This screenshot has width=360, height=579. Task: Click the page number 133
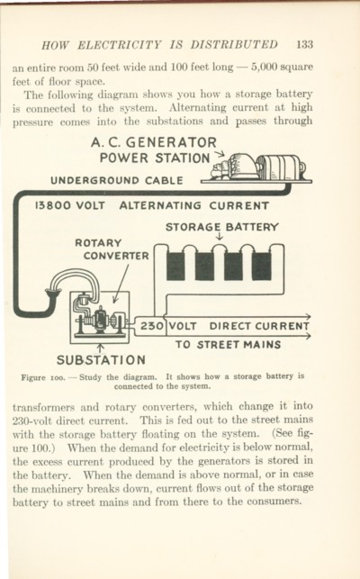(x=304, y=45)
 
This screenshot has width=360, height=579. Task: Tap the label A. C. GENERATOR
(x=154, y=142)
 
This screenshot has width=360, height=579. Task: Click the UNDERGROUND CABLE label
(x=117, y=181)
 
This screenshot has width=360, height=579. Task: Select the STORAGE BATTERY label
(x=222, y=227)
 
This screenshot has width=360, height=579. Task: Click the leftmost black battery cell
(x=175, y=266)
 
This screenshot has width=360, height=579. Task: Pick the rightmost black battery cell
(x=261, y=266)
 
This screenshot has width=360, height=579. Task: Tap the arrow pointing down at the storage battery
(x=220, y=236)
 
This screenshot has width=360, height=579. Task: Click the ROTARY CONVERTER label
(x=112, y=249)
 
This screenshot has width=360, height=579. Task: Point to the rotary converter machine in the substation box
(x=100, y=320)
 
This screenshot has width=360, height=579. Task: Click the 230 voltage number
(x=151, y=326)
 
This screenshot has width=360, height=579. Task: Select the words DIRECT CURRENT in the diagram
(x=259, y=326)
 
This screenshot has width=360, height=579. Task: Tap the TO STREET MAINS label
(x=229, y=345)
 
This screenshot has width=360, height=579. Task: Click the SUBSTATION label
(x=101, y=359)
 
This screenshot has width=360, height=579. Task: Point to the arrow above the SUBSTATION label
(x=100, y=348)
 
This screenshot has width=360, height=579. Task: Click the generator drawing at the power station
(x=258, y=168)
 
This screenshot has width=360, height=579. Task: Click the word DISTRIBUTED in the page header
(x=234, y=45)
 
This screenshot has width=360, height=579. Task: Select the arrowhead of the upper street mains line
(x=308, y=316)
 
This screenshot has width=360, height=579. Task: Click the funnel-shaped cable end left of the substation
(x=53, y=294)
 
